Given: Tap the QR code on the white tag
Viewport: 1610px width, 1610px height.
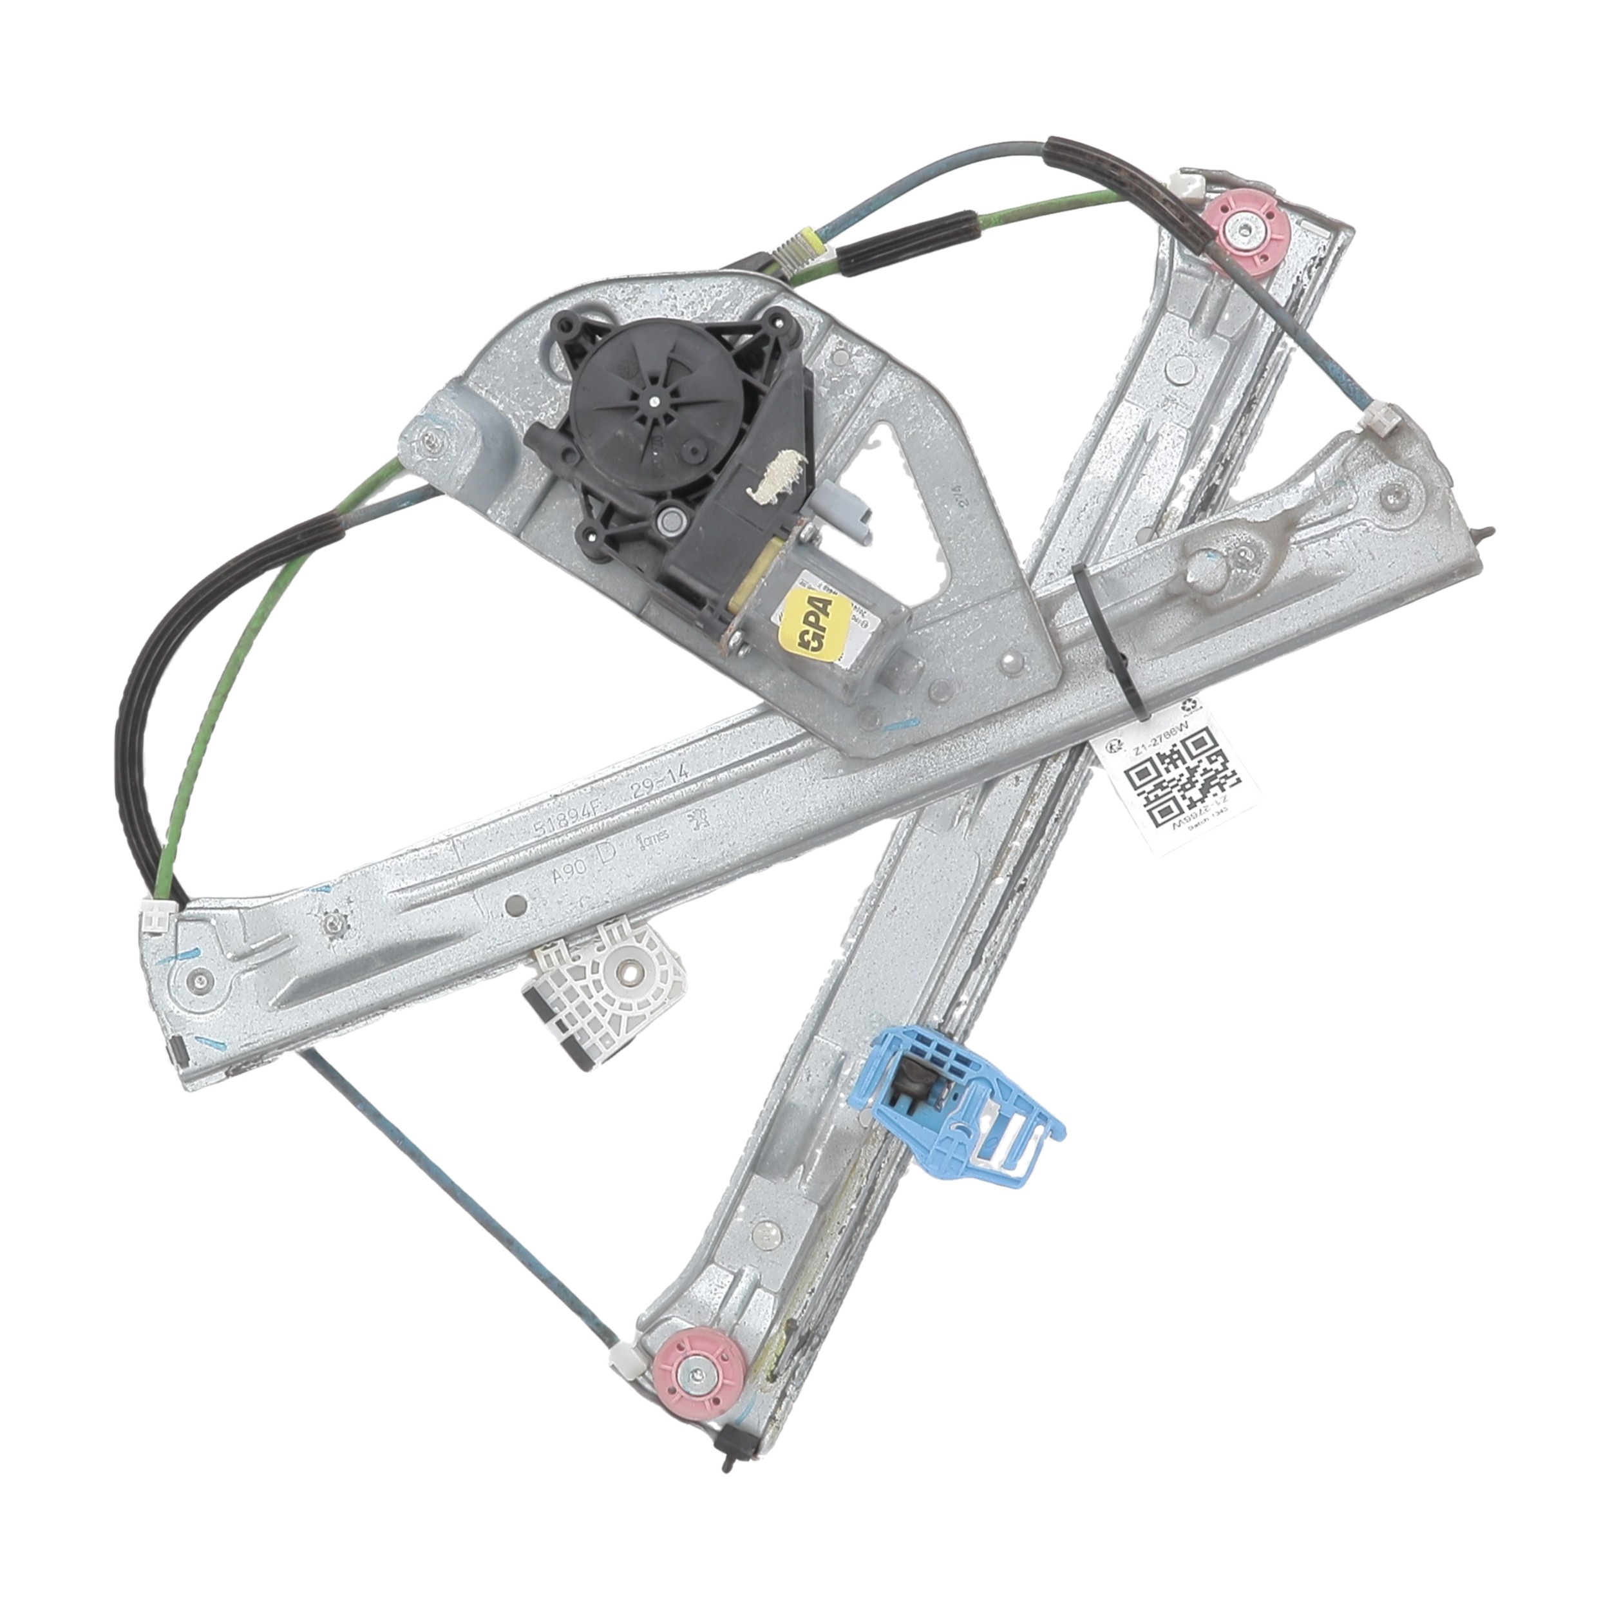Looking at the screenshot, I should [1176, 777].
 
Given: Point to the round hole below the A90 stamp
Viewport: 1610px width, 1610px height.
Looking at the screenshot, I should [516, 904].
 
